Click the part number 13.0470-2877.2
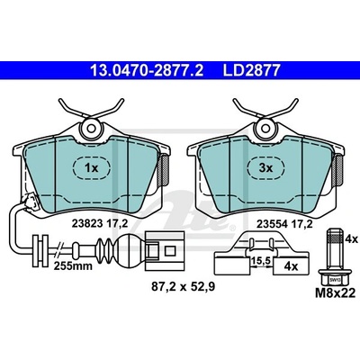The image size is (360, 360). click(147, 71)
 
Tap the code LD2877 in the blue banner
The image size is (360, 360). click(251, 71)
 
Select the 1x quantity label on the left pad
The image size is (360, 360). click(91, 168)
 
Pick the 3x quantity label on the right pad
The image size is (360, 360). click(265, 168)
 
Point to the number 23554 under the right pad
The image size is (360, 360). click(272, 224)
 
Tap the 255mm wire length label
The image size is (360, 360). click(73, 265)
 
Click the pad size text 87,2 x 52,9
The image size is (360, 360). click(183, 287)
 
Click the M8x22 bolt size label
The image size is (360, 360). click(335, 292)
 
